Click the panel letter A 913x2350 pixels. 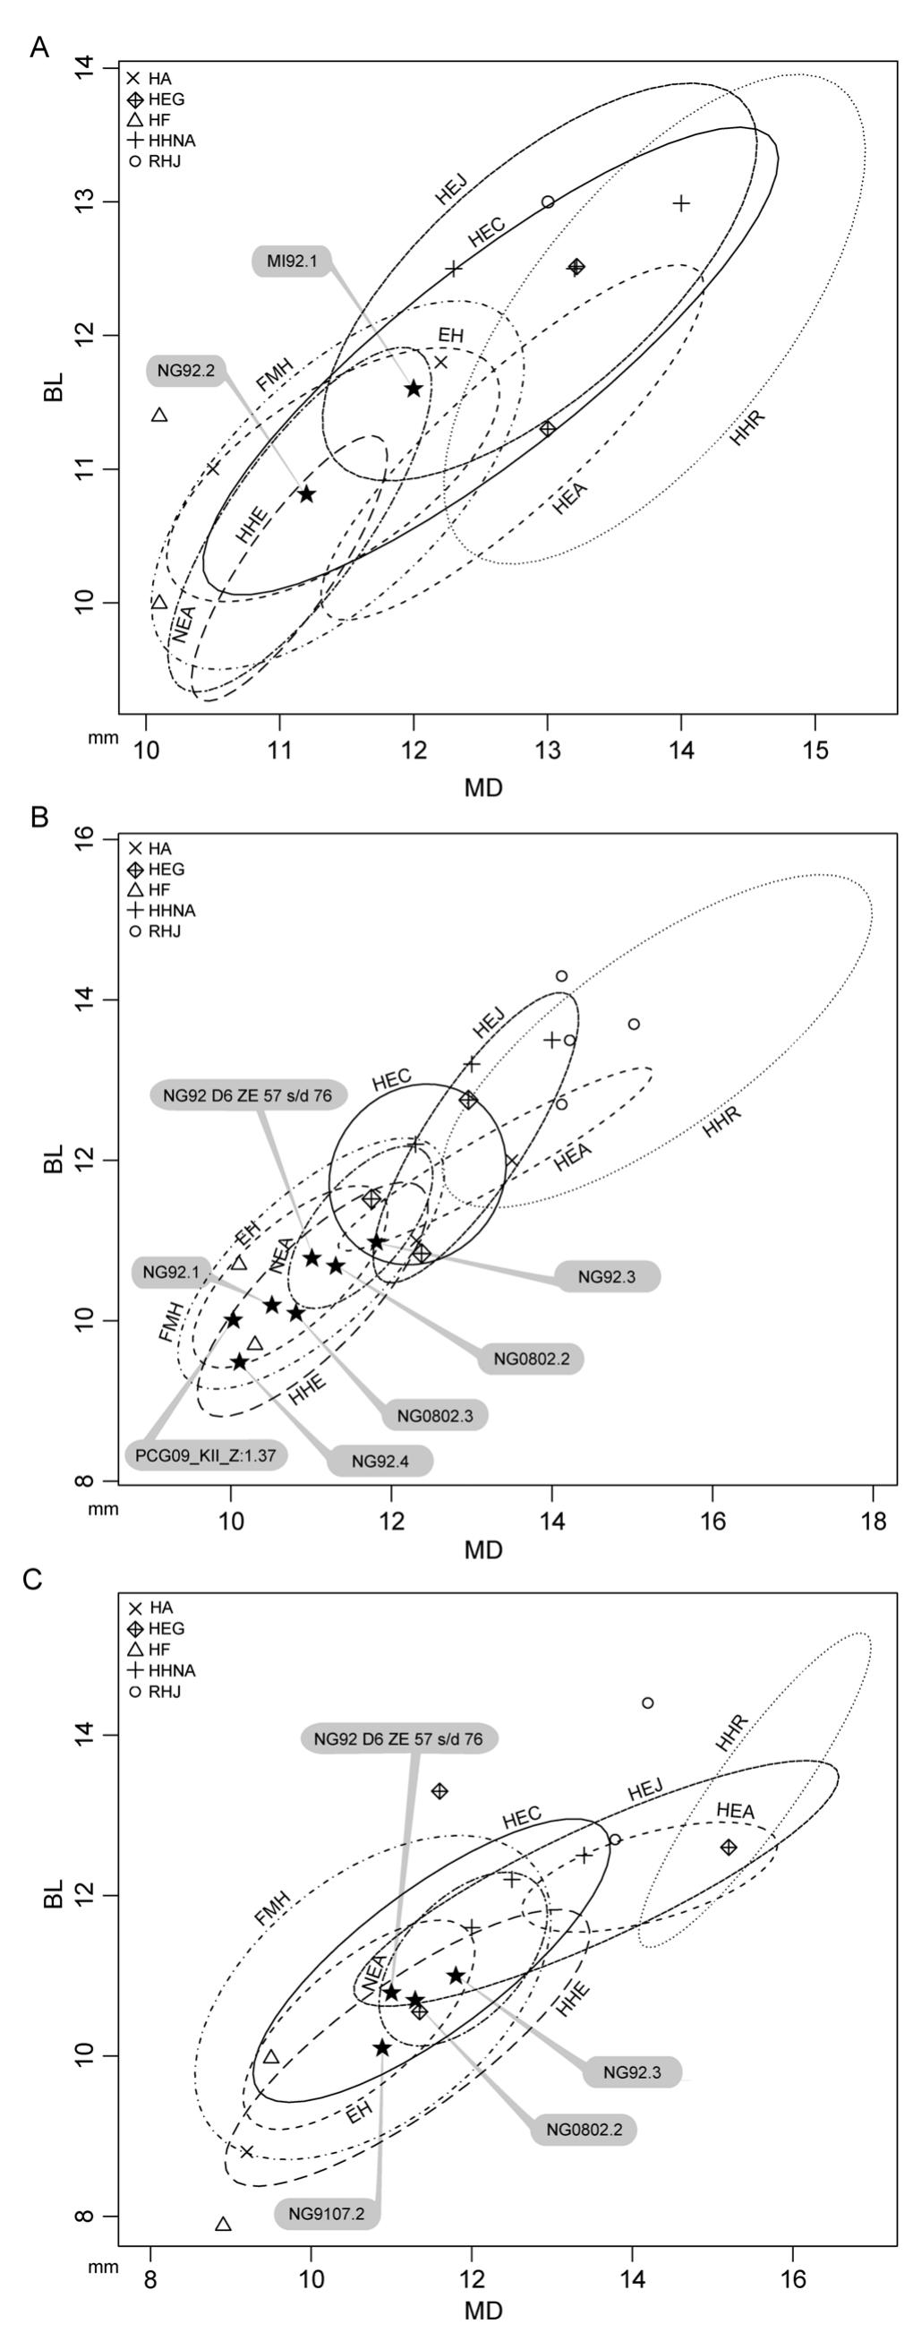click(38, 47)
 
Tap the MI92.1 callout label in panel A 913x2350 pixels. click(292, 262)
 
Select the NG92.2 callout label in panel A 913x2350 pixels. click(185, 371)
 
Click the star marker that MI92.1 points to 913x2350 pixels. click(414, 389)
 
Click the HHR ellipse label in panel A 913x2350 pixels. click(747, 429)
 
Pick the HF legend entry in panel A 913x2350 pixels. click(158, 119)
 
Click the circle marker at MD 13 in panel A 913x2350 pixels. click(547, 202)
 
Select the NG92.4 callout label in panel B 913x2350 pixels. click(380, 1461)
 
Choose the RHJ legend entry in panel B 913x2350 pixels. click(163, 931)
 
